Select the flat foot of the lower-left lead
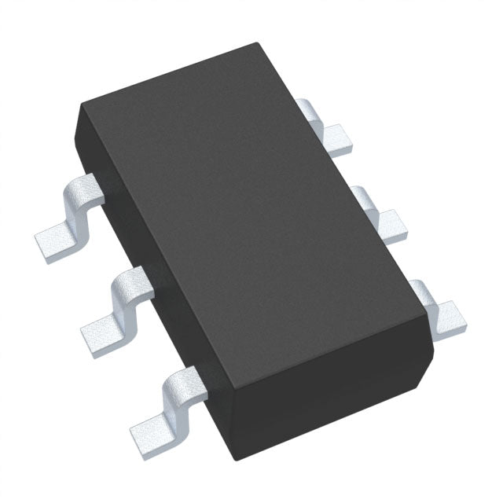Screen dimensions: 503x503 [152, 428]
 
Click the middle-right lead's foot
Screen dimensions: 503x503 [392, 224]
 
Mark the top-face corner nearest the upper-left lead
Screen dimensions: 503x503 [81, 108]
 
